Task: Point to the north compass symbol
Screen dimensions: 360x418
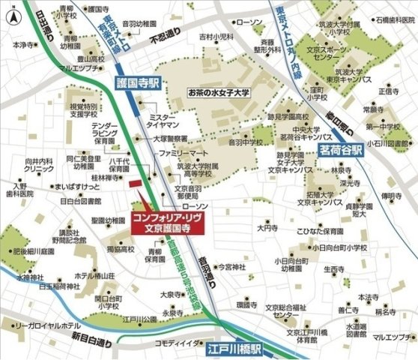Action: (11, 14)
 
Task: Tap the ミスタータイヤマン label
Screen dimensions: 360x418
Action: (163, 122)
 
